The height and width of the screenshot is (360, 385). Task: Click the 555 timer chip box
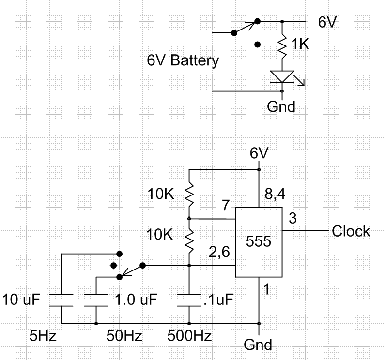click(259, 242)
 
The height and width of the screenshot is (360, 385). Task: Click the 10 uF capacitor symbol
click(62, 300)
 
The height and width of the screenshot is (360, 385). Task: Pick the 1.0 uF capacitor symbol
click(96, 300)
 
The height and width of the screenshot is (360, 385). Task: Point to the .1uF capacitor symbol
click(189, 300)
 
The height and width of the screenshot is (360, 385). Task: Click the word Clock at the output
click(351, 231)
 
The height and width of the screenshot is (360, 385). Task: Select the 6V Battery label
click(183, 61)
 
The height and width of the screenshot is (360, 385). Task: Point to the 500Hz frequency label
click(189, 335)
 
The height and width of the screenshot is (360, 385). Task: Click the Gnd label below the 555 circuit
click(258, 345)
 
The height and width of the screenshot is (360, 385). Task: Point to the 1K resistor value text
click(301, 45)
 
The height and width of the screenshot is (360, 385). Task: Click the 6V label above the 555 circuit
click(259, 154)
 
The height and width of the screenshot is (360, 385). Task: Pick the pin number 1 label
click(265, 290)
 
